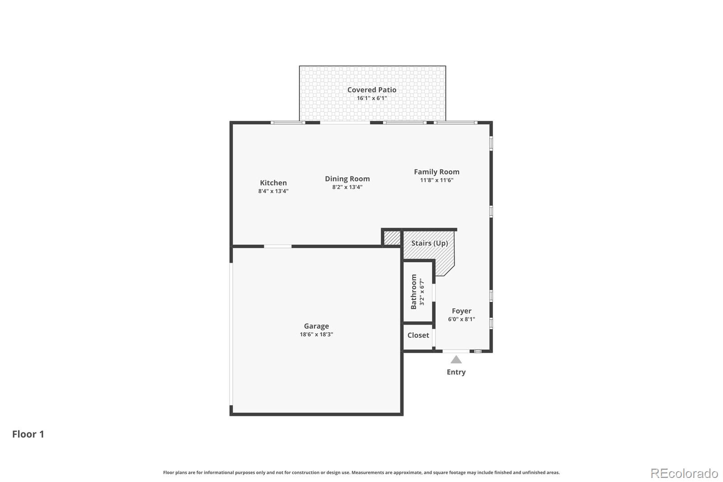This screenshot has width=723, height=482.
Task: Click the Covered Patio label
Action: click(371, 90)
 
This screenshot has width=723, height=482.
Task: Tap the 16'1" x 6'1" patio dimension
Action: click(371, 98)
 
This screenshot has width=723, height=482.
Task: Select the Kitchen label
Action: click(273, 183)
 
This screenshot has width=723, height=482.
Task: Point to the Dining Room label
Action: click(347, 179)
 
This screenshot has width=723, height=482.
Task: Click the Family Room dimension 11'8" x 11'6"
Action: click(437, 180)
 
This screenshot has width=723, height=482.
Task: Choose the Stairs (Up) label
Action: click(430, 243)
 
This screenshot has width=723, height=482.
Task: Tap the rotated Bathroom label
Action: click(413, 292)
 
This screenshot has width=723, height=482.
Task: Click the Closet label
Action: click(418, 336)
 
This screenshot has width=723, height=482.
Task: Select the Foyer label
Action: click(461, 311)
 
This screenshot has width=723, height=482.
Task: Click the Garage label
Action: click(316, 326)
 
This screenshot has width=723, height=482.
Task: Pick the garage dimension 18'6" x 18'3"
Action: click(316, 334)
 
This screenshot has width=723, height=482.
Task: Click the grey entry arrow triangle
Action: click(456, 360)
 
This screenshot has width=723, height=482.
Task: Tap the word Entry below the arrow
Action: click(456, 372)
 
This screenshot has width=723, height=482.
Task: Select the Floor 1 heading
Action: click(28, 434)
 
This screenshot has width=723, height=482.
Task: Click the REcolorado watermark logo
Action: click(684, 473)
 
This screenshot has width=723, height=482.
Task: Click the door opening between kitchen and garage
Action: click(277, 246)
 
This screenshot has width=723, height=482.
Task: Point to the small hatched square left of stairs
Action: click(392, 238)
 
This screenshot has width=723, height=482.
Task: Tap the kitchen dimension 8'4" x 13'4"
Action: click(273, 191)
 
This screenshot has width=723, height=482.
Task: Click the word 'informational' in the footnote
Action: click(219, 473)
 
